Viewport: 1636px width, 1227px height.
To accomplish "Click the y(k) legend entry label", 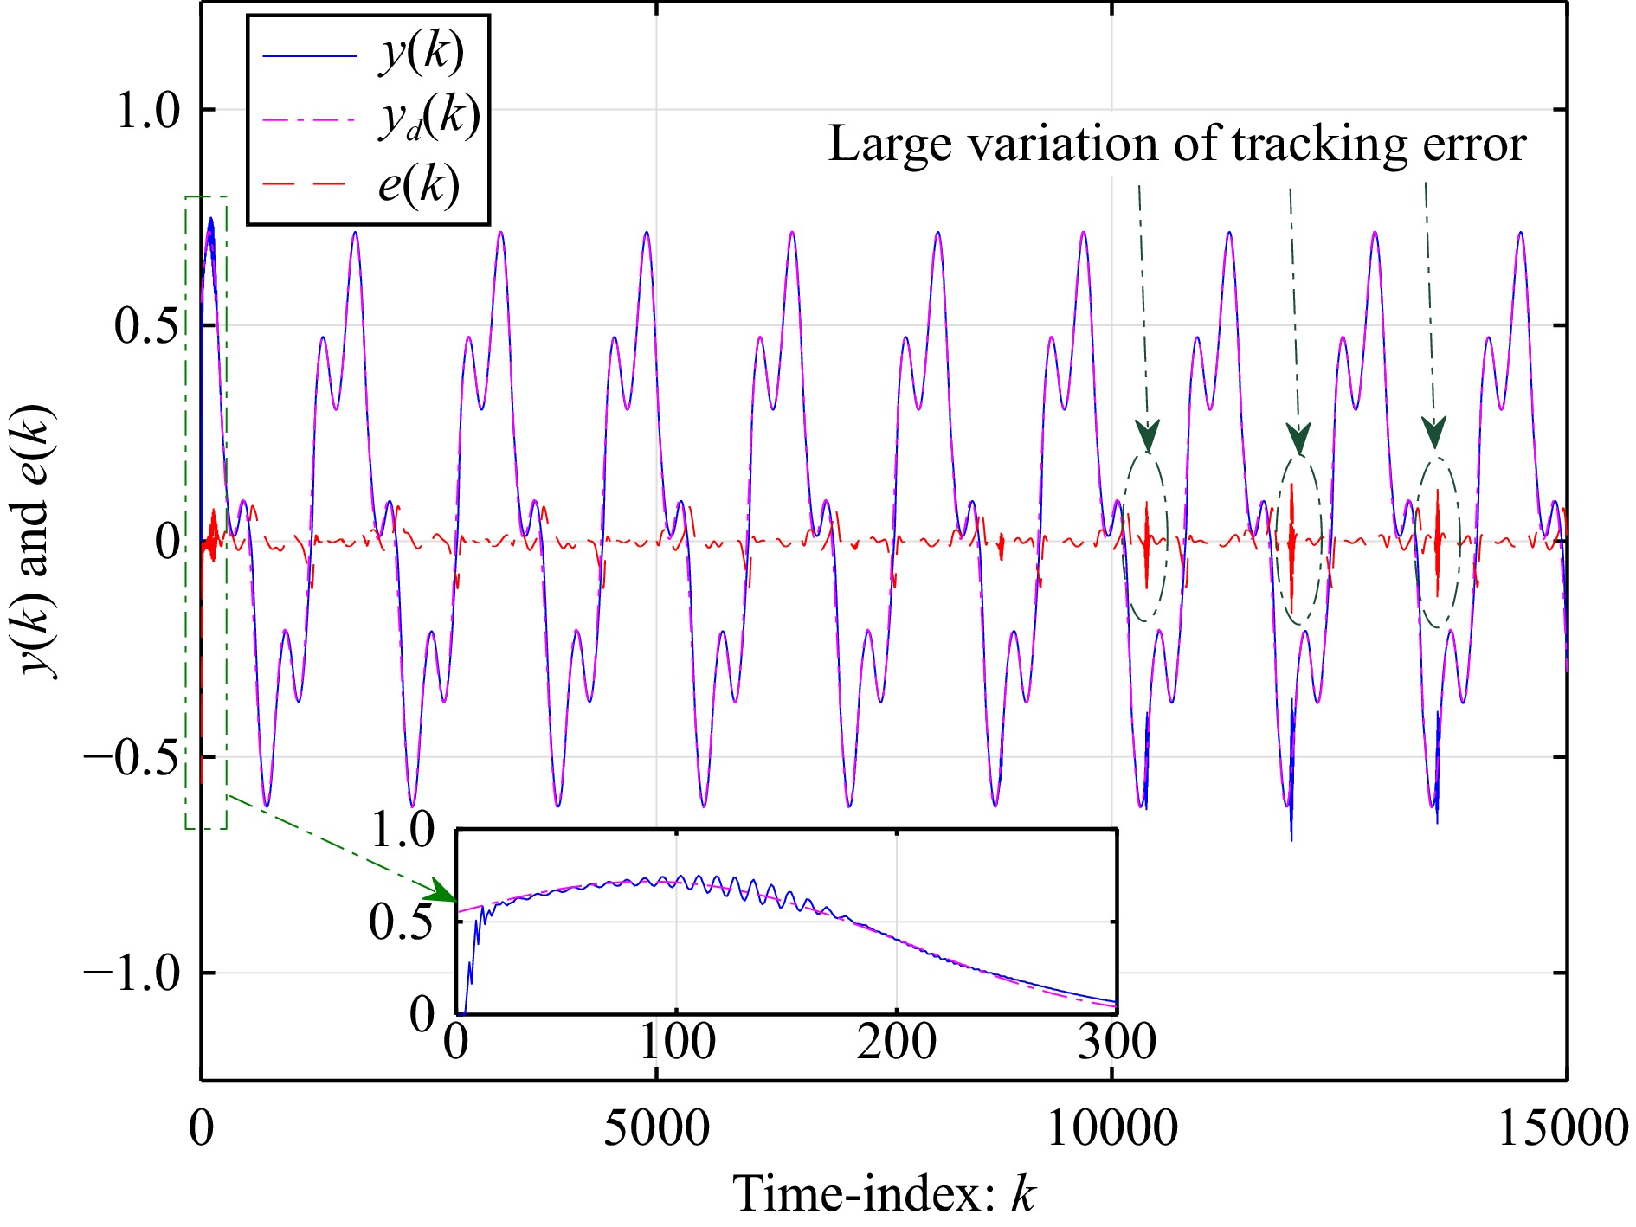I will [421, 54].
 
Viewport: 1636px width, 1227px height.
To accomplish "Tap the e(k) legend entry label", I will [418, 185].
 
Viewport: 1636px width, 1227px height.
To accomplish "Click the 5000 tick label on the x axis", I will [656, 1128].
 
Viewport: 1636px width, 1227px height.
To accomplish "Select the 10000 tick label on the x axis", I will [1112, 1128].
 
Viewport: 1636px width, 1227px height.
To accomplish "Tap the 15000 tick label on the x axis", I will [1562, 1128].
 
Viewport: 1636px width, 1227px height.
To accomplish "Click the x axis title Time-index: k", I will [884, 1194].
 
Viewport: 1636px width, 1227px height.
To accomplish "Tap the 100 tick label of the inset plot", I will [677, 1042].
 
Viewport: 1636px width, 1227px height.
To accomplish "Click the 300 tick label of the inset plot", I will [1117, 1042].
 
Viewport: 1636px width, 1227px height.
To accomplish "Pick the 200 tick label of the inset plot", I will [897, 1042].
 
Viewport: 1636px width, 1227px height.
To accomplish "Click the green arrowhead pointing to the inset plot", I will [444, 891].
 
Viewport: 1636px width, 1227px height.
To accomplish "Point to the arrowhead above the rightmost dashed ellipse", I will [1434, 432].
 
